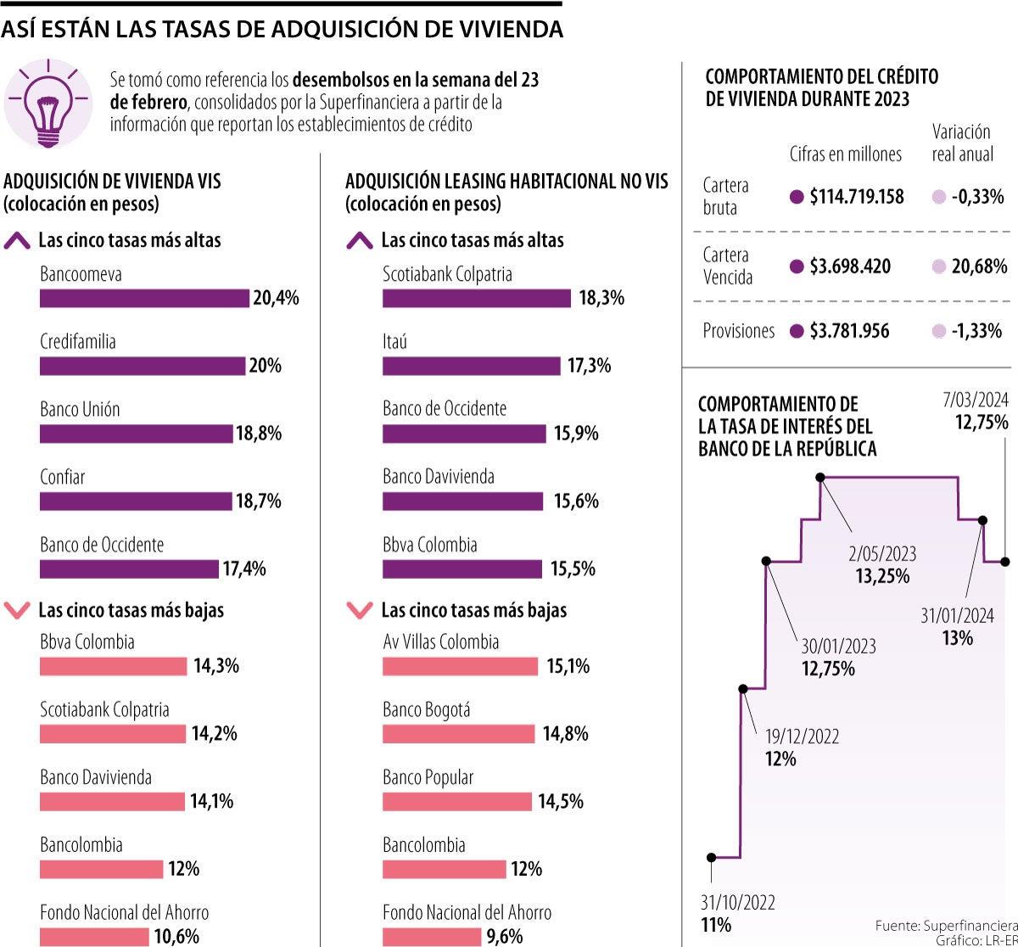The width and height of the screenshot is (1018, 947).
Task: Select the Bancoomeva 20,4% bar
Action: [x=144, y=299]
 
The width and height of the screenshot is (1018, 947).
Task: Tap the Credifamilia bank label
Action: [x=78, y=342]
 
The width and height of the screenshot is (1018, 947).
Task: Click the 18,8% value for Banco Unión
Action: [x=259, y=434]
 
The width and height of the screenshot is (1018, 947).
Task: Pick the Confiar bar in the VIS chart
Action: [x=136, y=502]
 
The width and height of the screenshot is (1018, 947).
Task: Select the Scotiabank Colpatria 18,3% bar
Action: [x=477, y=299]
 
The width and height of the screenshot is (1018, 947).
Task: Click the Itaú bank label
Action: [x=394, y=342]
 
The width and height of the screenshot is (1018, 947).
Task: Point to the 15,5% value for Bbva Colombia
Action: [x=573, y=569]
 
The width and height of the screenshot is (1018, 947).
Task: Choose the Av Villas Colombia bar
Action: [x=460, y=667]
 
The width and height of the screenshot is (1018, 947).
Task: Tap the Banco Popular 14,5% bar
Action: [x=456, y=802]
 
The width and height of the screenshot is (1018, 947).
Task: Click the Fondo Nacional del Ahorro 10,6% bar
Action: [x=94, y=937]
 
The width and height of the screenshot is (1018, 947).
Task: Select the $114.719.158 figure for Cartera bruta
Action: [x=857, y=197]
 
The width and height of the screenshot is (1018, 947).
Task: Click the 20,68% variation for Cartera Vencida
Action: [x=979, y=266]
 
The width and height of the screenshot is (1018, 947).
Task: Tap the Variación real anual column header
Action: [x=962, y=143]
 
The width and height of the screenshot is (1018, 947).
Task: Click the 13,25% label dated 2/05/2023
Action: [x=882, y=577]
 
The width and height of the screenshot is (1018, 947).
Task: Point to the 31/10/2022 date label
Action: [x=737, y=903]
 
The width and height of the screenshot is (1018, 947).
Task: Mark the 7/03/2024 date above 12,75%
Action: [x=976, y=399]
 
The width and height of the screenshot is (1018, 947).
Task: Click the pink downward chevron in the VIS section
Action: [x=18, y=610]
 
